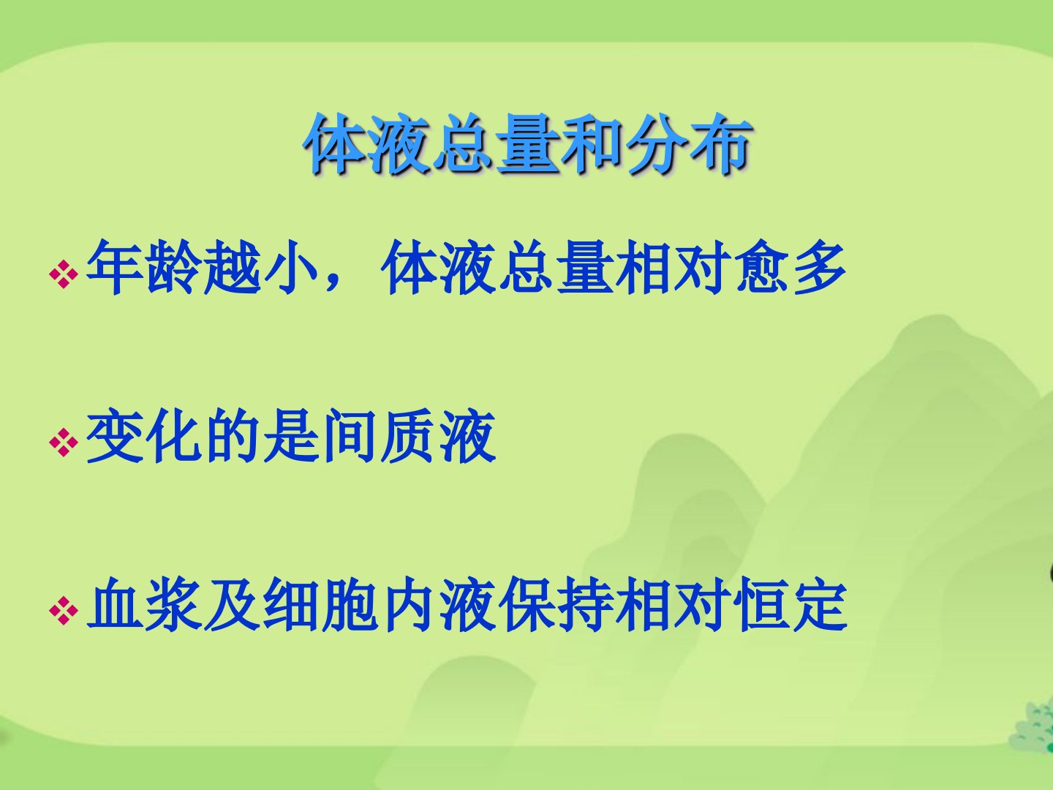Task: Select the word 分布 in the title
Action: pos(687,144)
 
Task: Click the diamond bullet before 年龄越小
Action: pos(64,274)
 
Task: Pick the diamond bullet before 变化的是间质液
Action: pos(64,442)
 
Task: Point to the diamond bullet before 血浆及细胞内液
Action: pos(64,611)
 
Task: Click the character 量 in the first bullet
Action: pos(585,267)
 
